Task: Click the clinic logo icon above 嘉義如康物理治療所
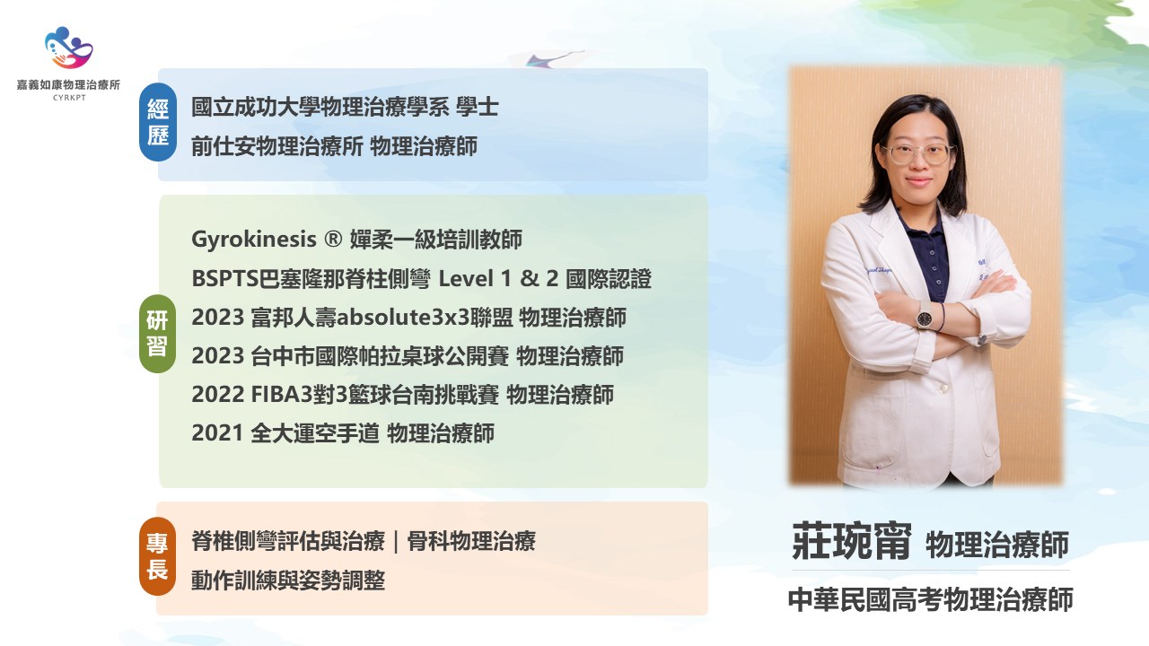[x=69, y=48]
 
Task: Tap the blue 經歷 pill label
[x=158, y=122]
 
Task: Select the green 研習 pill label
[x=157, y=334]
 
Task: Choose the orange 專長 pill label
[x=157, y=556]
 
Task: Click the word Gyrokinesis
[x=254, y=240]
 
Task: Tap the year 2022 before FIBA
[x=217, y=395]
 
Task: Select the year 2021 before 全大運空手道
[x=217, y=433]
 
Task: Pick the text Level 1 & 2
[x=498, y=279]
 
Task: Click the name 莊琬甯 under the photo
[x=852, y=541]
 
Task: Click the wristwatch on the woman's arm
[x=925, y=317]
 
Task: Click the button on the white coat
[x=943, y=389]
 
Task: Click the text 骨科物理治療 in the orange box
[x=471, y=541]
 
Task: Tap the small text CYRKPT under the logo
[x=69, y=98]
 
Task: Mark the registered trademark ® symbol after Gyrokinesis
[x=333, y=239]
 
